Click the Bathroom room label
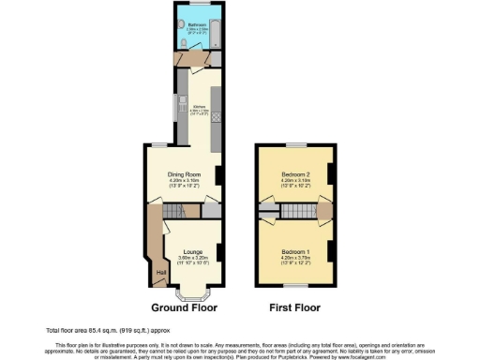(197, 24)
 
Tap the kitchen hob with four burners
(217, 117)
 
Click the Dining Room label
(186, 175)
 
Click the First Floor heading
(293, 307)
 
